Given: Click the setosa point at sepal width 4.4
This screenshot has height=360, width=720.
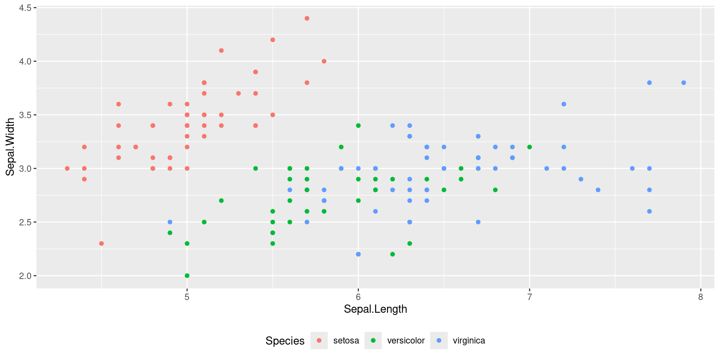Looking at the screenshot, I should point(307,18).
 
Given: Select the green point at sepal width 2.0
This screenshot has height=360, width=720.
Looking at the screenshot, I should point(187,276).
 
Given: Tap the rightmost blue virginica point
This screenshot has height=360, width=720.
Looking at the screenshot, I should point(684,82).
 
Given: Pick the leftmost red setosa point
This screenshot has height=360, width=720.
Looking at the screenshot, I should point(67,168).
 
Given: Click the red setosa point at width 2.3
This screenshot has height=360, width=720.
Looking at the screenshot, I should point(101,243).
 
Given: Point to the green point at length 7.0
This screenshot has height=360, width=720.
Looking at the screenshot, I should point(529,147).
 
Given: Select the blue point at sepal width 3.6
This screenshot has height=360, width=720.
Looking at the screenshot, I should point(564,104).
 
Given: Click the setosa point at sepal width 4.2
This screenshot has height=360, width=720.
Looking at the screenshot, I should point(273,40).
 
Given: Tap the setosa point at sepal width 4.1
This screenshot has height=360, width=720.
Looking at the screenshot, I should point(221,51).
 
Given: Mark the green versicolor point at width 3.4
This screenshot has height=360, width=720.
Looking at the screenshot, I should point(358,126).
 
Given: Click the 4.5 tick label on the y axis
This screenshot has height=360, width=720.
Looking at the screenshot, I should point(25,8).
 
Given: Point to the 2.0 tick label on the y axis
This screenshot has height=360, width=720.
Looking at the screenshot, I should point(25,276).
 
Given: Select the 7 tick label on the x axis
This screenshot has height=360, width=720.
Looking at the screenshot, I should point(529,297).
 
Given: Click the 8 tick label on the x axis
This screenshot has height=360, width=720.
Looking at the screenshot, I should point(700,297).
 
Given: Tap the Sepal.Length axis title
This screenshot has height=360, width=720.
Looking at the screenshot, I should point(375,309).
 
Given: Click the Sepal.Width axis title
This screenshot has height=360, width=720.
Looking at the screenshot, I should point(10,147).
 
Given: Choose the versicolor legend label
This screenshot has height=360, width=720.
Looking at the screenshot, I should point(406,340).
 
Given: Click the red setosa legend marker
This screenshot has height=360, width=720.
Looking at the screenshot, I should point(319,340).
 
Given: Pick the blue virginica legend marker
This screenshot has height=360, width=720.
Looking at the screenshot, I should point(439,340).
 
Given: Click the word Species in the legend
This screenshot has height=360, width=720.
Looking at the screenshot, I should point(285,340).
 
